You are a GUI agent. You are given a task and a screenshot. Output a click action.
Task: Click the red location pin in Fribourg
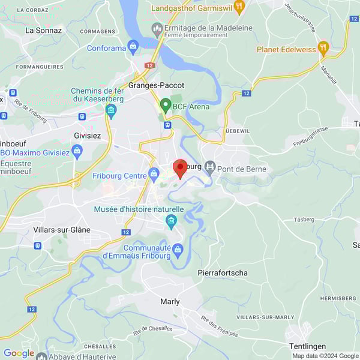point(179,167)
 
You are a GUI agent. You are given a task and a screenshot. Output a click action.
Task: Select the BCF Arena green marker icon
point(165,106)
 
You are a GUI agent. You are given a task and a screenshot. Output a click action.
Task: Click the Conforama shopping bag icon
point(133,47)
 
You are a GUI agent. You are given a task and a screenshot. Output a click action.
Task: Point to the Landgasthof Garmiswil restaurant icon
point(239,8)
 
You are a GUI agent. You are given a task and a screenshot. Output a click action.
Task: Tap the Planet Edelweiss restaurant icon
point(323,49)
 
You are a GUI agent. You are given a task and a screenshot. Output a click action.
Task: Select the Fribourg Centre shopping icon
point(154,175)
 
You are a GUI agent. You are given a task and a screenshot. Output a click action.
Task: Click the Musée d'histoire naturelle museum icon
point(171,221)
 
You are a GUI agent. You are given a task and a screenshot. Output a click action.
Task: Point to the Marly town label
point(170,302)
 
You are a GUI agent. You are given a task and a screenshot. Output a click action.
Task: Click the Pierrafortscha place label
point(223,273)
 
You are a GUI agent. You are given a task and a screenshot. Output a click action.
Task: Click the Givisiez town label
point(89,136)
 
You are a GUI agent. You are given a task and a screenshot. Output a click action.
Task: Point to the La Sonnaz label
point(43,29)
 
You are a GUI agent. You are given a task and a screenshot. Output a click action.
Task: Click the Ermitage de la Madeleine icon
point(157,27)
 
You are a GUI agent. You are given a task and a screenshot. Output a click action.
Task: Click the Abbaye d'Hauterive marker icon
point(41,356)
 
